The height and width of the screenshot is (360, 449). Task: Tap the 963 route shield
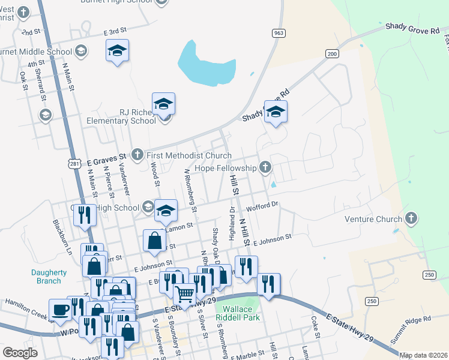point(277,33)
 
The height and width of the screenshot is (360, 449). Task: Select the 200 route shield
point(332,53)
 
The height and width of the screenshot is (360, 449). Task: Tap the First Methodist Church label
point(185,155)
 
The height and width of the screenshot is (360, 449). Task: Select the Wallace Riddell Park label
point(238,313)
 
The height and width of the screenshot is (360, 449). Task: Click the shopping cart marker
point(184,294)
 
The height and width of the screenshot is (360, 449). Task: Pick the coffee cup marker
point(60,309)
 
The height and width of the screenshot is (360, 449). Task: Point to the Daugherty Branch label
point(46,277)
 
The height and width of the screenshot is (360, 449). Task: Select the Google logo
point(20,353)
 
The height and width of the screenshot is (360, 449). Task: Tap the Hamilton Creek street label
point(26,305)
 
